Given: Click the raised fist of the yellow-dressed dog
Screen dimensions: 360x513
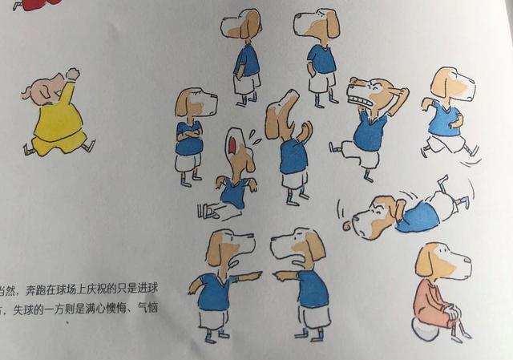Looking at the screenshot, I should (x=73, y=74).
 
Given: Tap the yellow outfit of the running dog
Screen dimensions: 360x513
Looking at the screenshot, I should (x=58, y=124).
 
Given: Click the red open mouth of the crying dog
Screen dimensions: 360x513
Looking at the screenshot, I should (x=231, y=146).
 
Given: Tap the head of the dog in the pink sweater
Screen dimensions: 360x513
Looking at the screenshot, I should (x=441, y=261).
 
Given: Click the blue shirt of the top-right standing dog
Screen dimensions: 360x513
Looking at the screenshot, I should (x=322, y=59).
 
